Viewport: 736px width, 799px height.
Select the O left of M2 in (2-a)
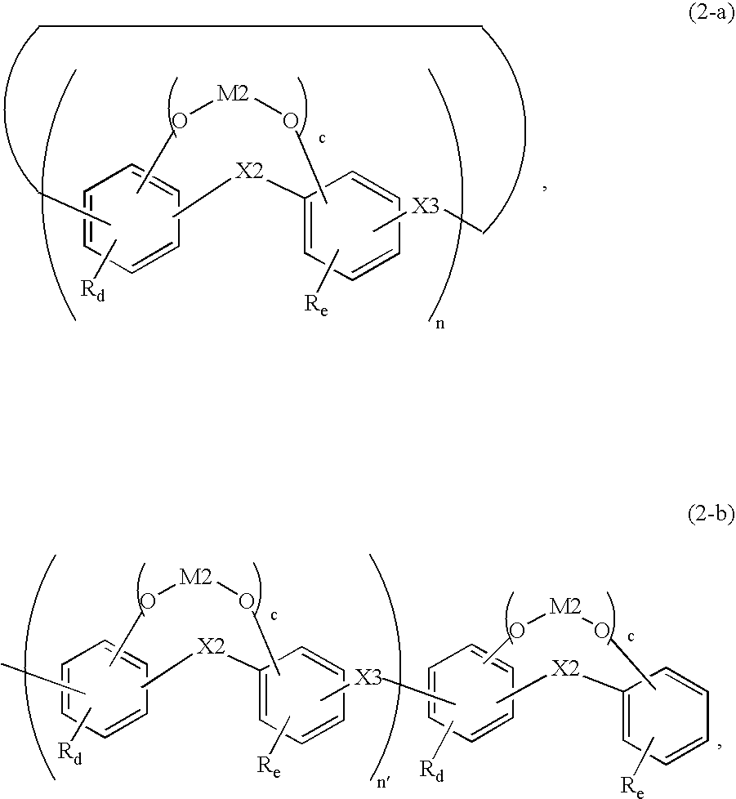click(x=180, y=121)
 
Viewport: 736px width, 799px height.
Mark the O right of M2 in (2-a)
click(x=289, y=121)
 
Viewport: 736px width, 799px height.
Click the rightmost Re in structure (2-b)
click(x=629, y=786)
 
